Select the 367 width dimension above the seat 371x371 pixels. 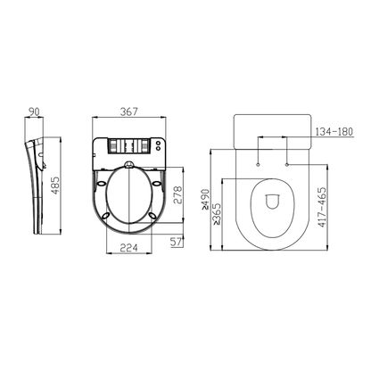point(130,111)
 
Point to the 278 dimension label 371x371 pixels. point(177,196)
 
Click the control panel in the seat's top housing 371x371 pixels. point(128,145)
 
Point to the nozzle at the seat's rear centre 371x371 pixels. point(130,166)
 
